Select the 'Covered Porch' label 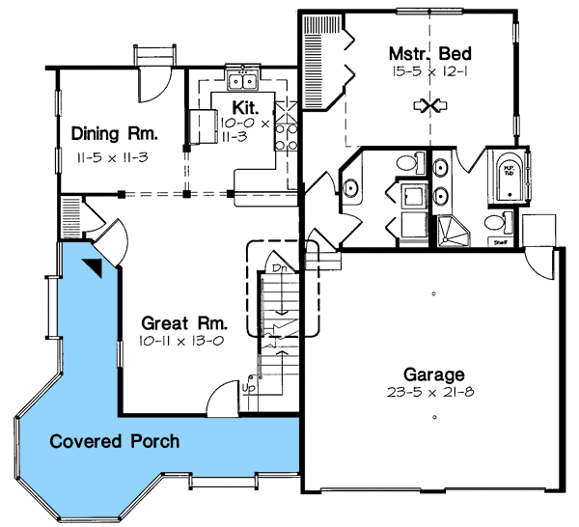pyautogui.click(x=115, y=442)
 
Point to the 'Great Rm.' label pyautogui.click(x=177, y=323)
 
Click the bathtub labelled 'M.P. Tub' pyautogui.click(x=508, y=177)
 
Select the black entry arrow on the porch pyautogui.click(x=94, y=267)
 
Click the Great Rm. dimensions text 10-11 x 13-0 pyautogui.click(x=177, y=342)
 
